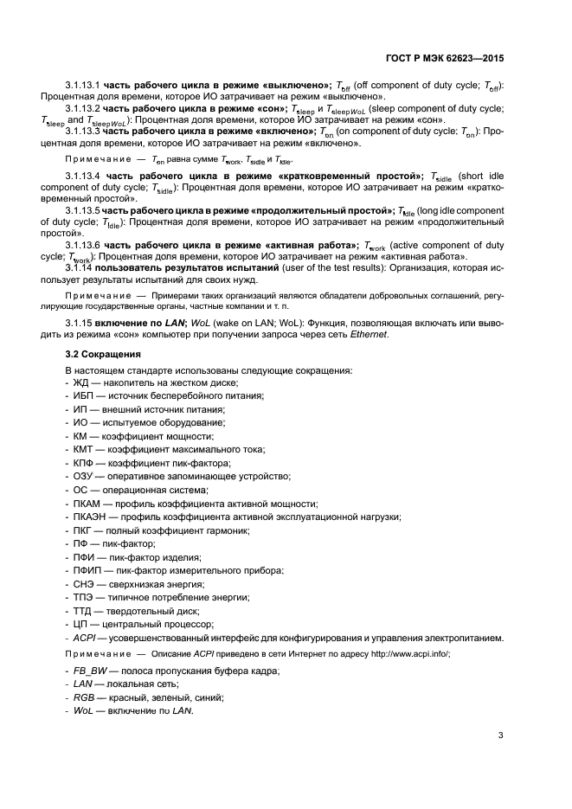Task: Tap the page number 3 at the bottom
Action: tap(501, 737)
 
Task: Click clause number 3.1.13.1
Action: tap(83, 85)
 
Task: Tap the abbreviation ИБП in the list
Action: tap(82, 395)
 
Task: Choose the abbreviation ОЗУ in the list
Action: tap(83, 476)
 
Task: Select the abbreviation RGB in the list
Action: tap(83, 697)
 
